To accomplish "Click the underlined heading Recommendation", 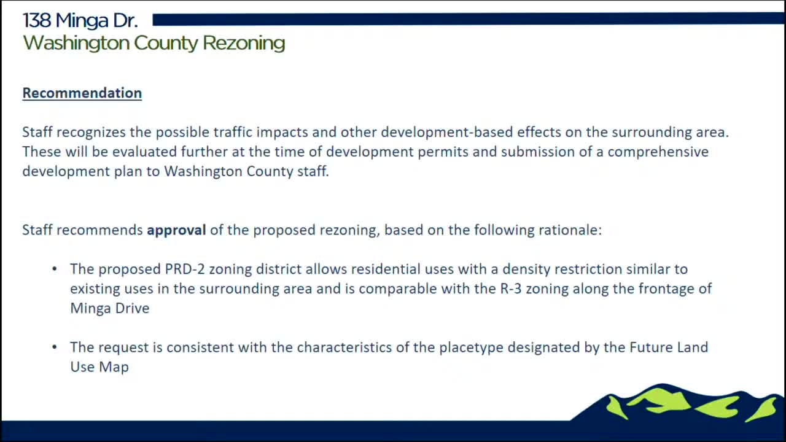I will (x=82, y=93).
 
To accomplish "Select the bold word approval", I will (x=176, y=230).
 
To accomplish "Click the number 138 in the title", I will (x=36, y=21).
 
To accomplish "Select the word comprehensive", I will (x=658, y=152).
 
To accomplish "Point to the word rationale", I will (x=569, y=230).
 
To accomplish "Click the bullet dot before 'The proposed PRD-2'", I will (x=55, y=269).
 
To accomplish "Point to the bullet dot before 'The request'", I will (x=55, y=347).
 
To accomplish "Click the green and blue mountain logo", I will (x=682, y=404).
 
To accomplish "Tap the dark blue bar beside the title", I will (x=467, y=20).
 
